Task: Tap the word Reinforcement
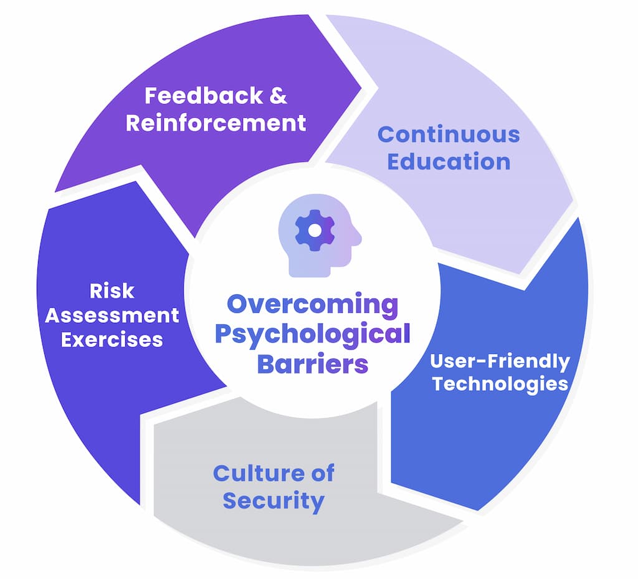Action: point(216,122)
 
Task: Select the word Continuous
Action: point(449,134)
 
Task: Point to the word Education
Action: point(449,161)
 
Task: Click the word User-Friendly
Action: point(500,361)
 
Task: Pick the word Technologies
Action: point(500,383)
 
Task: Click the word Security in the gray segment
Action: point(274,500)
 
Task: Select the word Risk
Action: point(112,291)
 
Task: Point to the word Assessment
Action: point(112,315)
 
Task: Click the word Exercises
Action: point(112,340)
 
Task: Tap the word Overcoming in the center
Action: point(312,305)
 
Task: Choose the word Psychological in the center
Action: point(312,334)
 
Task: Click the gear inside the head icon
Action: point(315,230)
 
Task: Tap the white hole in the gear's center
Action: point(315,230)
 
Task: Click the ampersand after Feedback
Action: point(279,96)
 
